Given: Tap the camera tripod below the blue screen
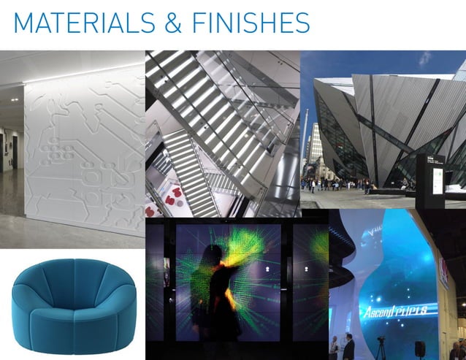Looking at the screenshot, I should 381,346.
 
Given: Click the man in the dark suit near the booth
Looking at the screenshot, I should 349,347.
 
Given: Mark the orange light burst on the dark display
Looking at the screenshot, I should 227,272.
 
